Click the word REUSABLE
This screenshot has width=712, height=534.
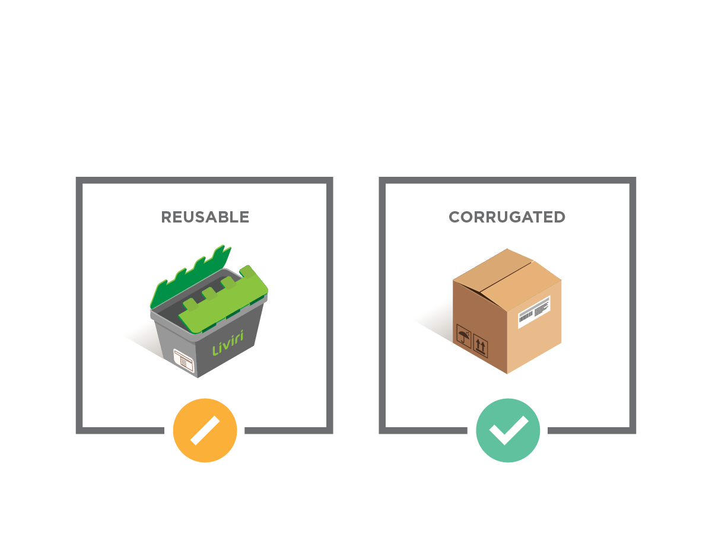pyautogui.click(x=205, y=217)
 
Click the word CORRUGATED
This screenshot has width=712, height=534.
pyautogui.click(x=507, y=217)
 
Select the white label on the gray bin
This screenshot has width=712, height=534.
pyautogui.click(x=184, y=361)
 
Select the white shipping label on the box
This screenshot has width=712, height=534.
pyautogui.click(x=534, y=312)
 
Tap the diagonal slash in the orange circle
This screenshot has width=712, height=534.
pyautogui.click(x=205, y=430)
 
